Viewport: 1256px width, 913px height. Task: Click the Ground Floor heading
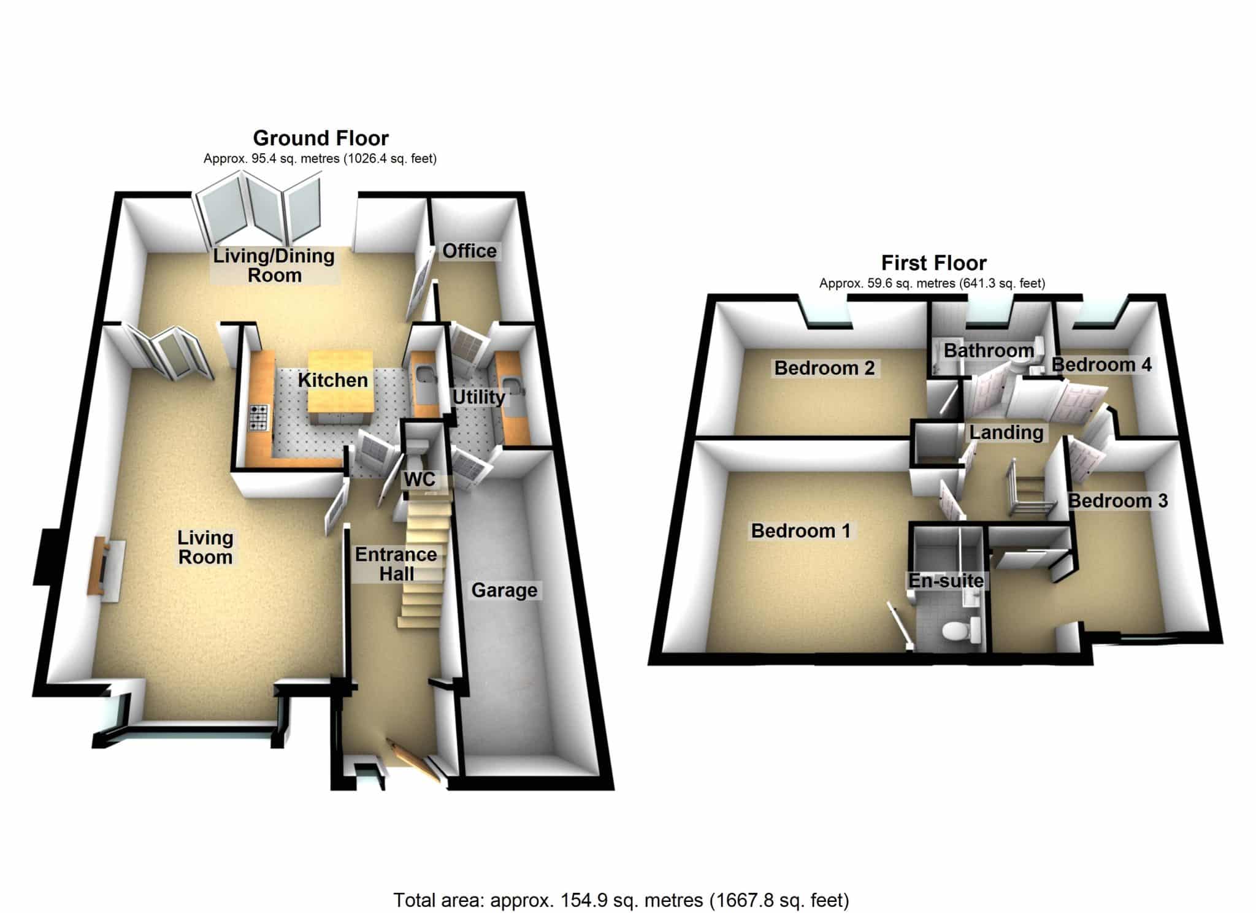click(x=321, y=138)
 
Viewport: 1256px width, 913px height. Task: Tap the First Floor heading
click(x=933, y=263)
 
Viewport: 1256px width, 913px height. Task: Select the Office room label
click(x=469, y=251)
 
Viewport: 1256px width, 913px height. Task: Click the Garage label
click(x=504, y=590)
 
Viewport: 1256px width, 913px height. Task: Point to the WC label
click(x=419, y=479)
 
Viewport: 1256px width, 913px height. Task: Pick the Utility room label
click(x=478, y=397)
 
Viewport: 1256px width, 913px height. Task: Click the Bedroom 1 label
click(x=800, y=530)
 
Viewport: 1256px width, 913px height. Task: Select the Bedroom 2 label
click(x=824, y=368)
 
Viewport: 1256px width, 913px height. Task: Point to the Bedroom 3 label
click(x=1118, y=501)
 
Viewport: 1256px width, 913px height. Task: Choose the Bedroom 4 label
click(x=1101, y=365)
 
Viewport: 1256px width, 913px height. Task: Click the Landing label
click(x=1006, y=432)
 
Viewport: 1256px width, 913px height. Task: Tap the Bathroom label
click(x=989, y=351)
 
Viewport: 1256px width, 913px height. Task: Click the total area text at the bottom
click(x=621, y=900)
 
